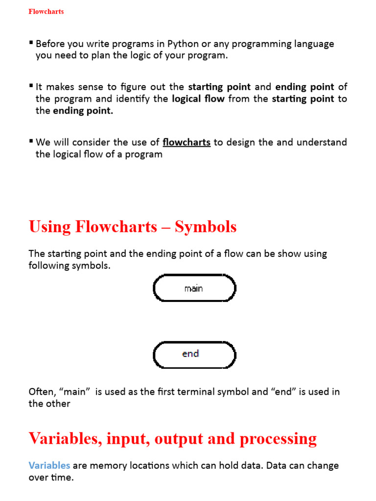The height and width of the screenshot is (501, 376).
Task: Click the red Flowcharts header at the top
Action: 46,11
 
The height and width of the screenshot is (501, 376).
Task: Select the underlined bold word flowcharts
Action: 187,142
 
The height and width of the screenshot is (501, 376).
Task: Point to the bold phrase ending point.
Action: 305,87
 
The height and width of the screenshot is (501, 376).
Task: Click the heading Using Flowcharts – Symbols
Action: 133,227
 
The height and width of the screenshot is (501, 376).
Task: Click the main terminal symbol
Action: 194,288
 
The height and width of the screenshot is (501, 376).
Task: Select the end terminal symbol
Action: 194,354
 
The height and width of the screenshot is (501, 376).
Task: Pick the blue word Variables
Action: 49,465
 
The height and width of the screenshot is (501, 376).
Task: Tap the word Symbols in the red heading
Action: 206,227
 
